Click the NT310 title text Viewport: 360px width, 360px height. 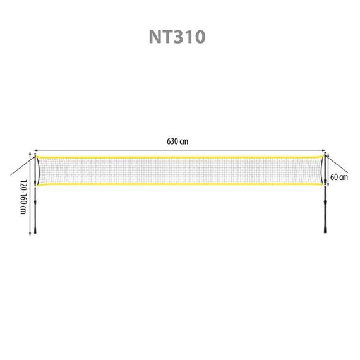click(x=177, y=37)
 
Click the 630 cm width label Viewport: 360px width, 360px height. click(x=177, y=141)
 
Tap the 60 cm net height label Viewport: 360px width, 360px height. click(x=339, y=177)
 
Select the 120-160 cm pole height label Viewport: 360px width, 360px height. click(x=23, y=197)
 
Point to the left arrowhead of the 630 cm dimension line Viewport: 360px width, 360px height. click(x=35, y=150)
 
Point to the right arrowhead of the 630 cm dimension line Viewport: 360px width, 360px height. click(x=324, y=150)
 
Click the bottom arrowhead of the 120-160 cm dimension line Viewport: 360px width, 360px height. click(x=30, y=234)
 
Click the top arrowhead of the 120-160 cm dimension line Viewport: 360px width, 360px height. click(x=30, y=153)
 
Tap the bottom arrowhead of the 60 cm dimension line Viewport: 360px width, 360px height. click(x=328, y=184)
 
